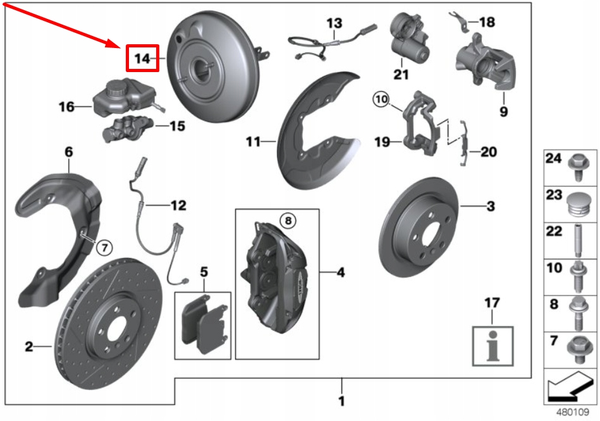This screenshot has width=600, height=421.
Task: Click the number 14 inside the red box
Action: click(142, 59)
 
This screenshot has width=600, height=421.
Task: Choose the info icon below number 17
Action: click(493, 347)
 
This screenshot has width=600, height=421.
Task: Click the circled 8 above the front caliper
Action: click(287, 220)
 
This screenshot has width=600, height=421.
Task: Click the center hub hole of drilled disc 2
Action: click(116, 327)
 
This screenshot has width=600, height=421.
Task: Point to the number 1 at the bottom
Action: click(341, 401)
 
